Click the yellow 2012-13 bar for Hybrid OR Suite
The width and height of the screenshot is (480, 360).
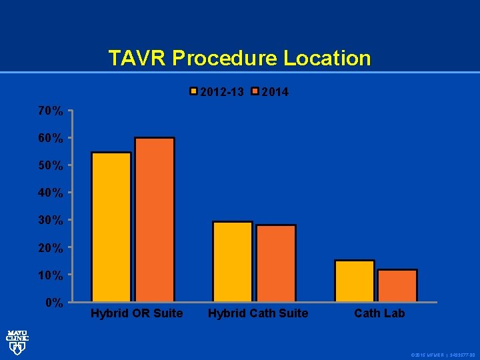pyautogui.click(x=111, y=227)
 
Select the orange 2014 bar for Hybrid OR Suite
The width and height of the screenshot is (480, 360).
pyautogui.click(x=154, y=219)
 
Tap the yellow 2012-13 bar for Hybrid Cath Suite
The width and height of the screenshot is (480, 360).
pyautogui.click(x=232, y=261)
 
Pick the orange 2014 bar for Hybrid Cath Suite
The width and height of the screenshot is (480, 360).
pyautogui.click(x=275, y=263)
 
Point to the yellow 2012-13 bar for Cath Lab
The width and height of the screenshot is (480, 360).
pyautogui.click(x=355, y=281)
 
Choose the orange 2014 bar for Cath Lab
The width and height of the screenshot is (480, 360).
pyautogui.click(x=397, y=285)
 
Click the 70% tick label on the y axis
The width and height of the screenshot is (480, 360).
pyautogui.click(x=51, y=111)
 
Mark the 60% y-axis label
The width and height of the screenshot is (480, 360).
pyautogui.click(x=51, y=139)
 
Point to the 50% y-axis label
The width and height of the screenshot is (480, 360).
pyautogui.click(x=51, y=165)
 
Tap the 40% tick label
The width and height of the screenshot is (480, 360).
pyautogui.click(x=51, y=193)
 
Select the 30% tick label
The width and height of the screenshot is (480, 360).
pyautogui.click(x=51, y=220)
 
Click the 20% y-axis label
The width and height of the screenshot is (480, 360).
pyautogui.click(x=51, y=248)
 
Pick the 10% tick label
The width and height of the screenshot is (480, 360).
pyautogui.click(x=51, y=275)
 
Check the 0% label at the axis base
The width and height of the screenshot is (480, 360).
pyautogui.click(x=54, y=303)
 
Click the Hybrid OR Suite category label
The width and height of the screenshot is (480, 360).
pyautogui.click(x=137, y=313)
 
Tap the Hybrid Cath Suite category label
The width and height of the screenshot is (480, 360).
pyautogui.click(x=259, y=313)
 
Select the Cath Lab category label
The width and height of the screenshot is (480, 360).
pyautogui.click(x=379, y=313)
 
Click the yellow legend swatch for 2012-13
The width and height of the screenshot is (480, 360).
pyautogui.click(x=195, y=92)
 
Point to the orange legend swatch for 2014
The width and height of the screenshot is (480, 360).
pyautogui.click(x=255, y=92)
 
